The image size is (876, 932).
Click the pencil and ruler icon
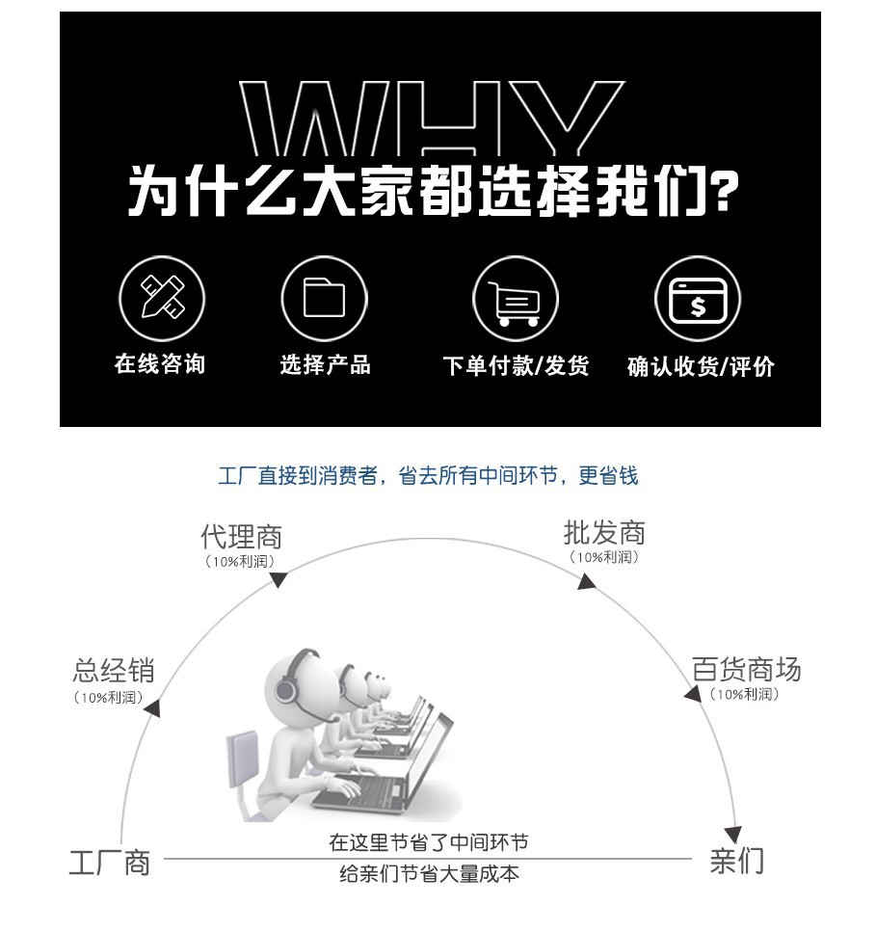[162, 297]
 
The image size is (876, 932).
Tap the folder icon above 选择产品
[324, 297]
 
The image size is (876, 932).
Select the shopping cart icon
[515, 303]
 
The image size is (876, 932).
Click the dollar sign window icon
[698, 300]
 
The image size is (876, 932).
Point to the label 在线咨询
[160, 363]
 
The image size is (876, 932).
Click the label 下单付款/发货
[516, 365]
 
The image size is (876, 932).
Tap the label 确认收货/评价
[701, 367]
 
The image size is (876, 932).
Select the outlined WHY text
[432, 119]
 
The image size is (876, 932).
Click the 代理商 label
[241, 537]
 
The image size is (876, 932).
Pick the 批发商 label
[604, 533]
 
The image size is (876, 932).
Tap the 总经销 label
[114, 671]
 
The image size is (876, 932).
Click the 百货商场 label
[747, 669]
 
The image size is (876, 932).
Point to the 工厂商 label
[109, 863]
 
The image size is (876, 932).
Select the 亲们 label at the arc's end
[737, 861]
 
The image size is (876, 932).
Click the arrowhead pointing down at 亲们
[733, 834]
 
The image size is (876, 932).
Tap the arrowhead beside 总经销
[153, 708]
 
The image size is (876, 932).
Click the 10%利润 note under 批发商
[604, 557]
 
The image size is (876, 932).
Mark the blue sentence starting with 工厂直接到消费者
[428, 475]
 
